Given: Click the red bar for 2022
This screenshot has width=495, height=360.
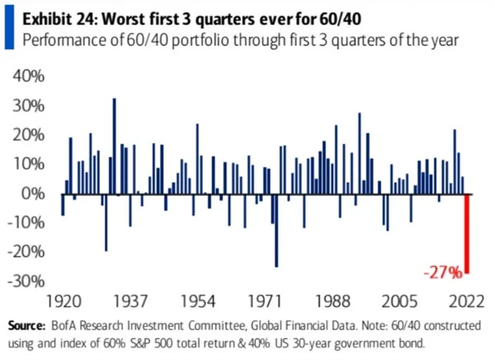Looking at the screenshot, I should (x=467, y=232).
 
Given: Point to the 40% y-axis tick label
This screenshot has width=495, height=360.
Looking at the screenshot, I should (x=28, y=76).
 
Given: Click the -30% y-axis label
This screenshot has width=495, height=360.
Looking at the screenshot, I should (x=26, y=280).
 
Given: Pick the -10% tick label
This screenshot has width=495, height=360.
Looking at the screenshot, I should (x=26, y=222).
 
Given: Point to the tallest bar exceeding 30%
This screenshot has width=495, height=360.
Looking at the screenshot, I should (x=114, y=146).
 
